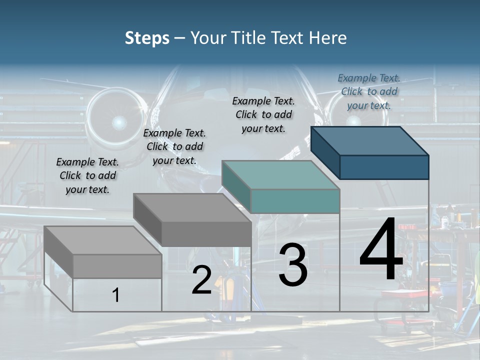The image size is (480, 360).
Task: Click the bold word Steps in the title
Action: coord(147,38)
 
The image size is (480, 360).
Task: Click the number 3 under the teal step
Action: coord(293,265)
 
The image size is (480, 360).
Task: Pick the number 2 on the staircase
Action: coord(201,280)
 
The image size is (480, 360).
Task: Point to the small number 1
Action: coord(116,295)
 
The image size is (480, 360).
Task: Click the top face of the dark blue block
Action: coord(370,140)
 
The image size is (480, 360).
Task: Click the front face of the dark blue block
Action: coord(384,167)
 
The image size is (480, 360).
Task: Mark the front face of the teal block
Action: coord(295,201)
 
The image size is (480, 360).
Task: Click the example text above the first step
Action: coord(87,176)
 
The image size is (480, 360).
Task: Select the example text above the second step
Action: coord(174,147)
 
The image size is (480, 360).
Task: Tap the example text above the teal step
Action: coord(263,114)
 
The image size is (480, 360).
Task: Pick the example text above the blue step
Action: coord(369,91)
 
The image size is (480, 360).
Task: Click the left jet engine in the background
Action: coord(119,120)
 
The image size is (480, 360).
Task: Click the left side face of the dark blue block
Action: coord(325,152)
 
